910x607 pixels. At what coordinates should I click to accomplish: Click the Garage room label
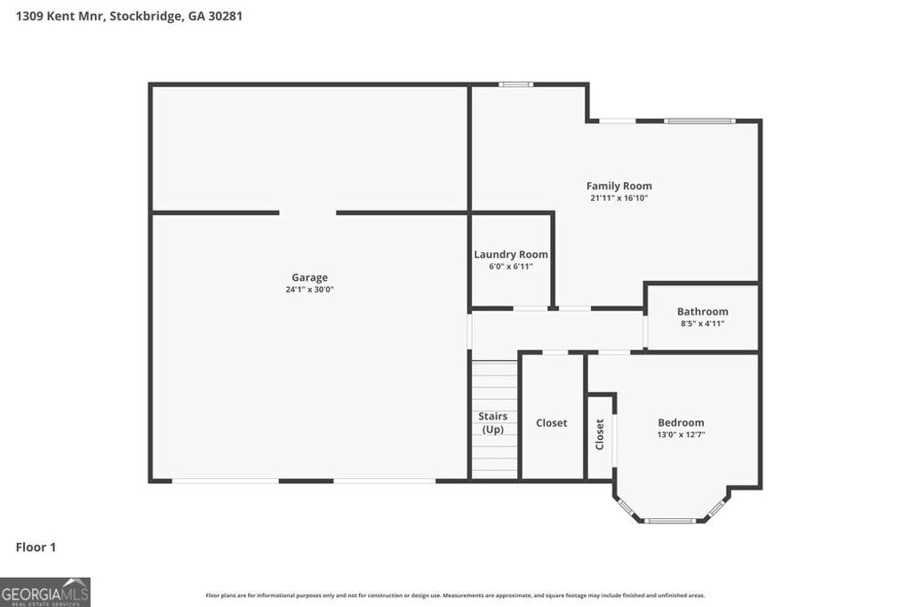pos(309,277)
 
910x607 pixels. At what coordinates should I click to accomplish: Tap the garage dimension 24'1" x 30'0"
pos(309,290)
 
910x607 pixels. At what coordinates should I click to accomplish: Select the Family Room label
pos(619,186)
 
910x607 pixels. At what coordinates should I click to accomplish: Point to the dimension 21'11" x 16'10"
pos(619,198)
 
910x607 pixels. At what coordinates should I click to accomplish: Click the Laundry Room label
pos(510,254)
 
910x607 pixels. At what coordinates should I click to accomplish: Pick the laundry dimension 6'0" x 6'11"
pos(510,266)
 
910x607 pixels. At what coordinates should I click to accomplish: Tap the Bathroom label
pos(702,311)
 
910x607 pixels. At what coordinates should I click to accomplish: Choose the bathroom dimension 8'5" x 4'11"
pos(702,323)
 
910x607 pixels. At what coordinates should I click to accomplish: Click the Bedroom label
pos(681,422)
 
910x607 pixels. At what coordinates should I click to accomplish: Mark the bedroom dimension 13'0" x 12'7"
pos(681,435)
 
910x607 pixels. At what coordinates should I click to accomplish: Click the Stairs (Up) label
pos(493,422)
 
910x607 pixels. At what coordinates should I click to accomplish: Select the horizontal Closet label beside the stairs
pos(551,423)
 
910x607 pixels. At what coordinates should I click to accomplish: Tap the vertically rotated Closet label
pos(600,434)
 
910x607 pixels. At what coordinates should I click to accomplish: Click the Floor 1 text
pos(36,547)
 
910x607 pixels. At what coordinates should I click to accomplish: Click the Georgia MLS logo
pos(44,592)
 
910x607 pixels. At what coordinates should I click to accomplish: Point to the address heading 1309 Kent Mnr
pos(129,16)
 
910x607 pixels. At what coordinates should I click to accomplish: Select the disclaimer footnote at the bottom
pos(455,595)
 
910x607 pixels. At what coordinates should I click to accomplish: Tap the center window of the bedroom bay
pos(671,521)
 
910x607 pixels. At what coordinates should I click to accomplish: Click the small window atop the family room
pos(515,84)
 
